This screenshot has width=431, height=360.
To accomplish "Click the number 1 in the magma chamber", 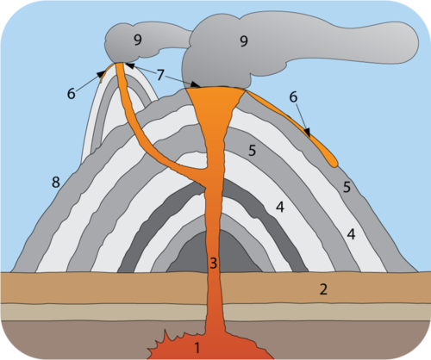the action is click(x=197, y=348).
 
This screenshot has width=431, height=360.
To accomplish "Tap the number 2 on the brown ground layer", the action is click(x=323, y=289).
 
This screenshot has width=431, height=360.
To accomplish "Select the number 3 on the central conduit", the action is click(x=213, y=263).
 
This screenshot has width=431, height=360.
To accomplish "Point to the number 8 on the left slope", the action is click(x=56, y=182).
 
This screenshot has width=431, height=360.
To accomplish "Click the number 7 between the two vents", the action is click(x=160, y=75).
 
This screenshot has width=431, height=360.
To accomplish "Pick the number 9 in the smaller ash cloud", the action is click(x=138, y=40).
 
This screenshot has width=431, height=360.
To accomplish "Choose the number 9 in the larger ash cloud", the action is click(x=244, y=41).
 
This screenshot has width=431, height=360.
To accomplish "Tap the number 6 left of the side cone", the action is click(x=72, y=94).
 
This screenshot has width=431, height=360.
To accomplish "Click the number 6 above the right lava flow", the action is click(x=293, y=97).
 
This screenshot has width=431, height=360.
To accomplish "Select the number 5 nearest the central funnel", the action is click(x=252, y=151).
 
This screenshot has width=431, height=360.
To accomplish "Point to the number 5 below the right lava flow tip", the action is click(x=347, y=187).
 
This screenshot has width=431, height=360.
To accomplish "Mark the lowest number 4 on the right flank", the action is click(x=351, y=234).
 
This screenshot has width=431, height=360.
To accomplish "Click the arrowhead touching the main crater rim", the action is click(x=196, y=84).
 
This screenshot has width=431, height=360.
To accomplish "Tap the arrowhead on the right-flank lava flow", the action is click(x=308, y=133).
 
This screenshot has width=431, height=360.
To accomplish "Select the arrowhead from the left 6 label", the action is click(x=101, y=74).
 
